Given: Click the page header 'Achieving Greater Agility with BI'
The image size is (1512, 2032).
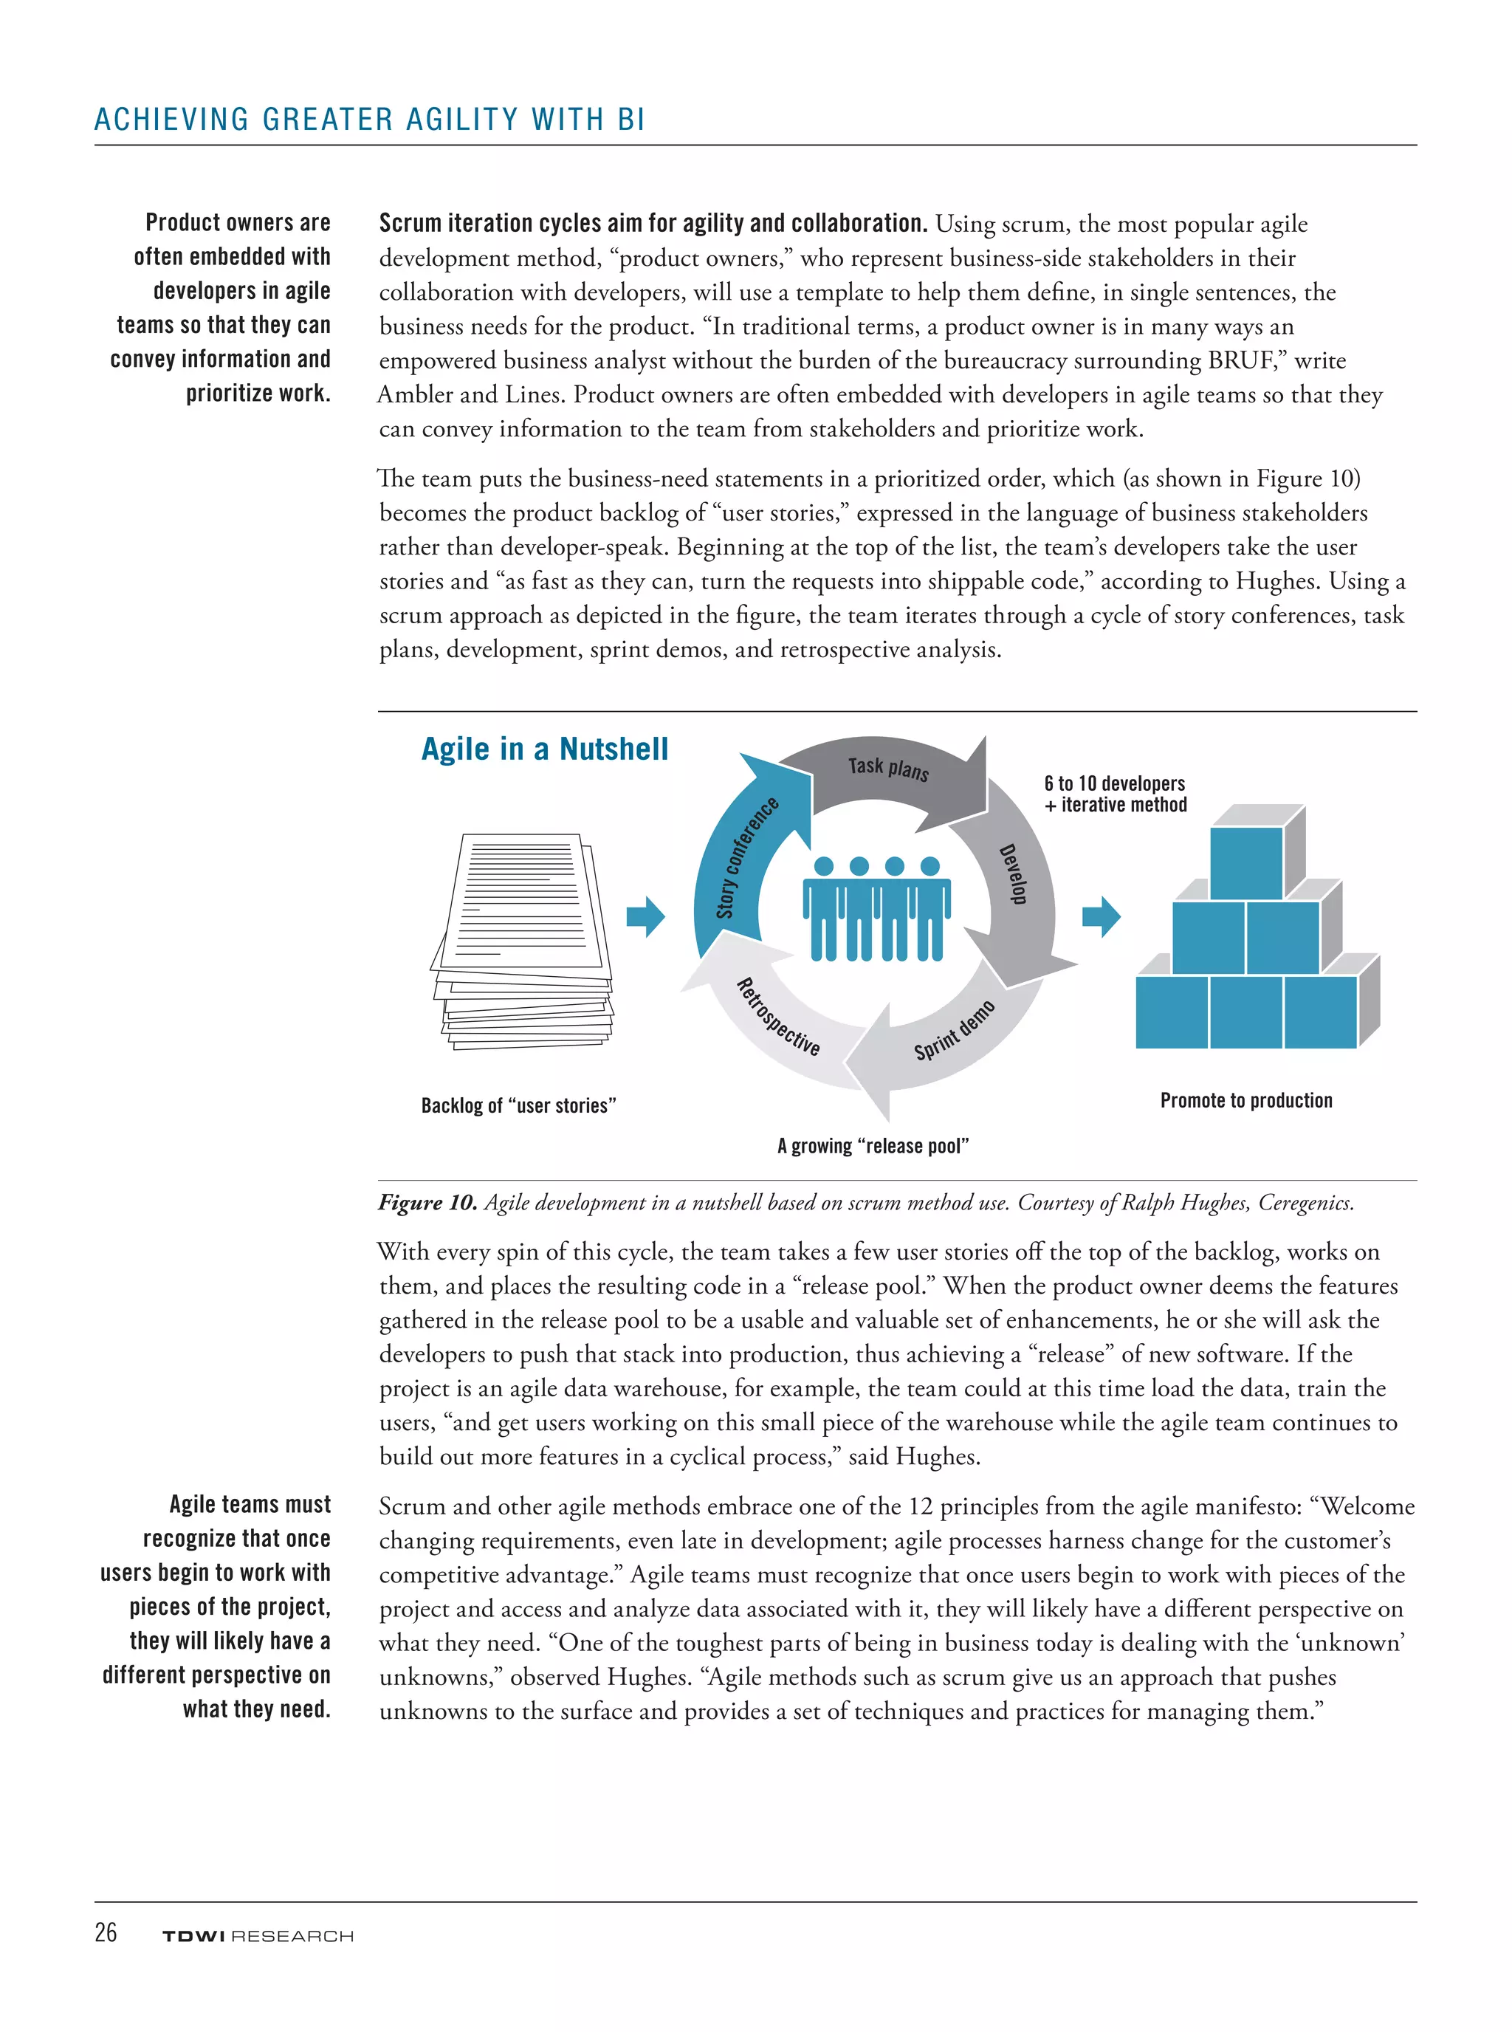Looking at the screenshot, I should [370, 120].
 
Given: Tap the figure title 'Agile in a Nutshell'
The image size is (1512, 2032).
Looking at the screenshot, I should [545, 749].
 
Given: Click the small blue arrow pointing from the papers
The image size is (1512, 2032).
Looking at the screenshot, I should [646, 916].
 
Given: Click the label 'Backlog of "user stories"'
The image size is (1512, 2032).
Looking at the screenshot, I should [518, 1105].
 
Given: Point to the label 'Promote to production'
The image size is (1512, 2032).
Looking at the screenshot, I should [1245, 1100].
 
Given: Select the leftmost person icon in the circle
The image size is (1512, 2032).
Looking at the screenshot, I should [822, 910].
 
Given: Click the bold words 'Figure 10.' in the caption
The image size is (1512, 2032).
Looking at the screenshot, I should [427, 1203].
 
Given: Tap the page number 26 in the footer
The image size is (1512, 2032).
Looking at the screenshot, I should [106, 1932].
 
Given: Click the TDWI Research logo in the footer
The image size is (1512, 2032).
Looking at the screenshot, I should [257, 1936].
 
